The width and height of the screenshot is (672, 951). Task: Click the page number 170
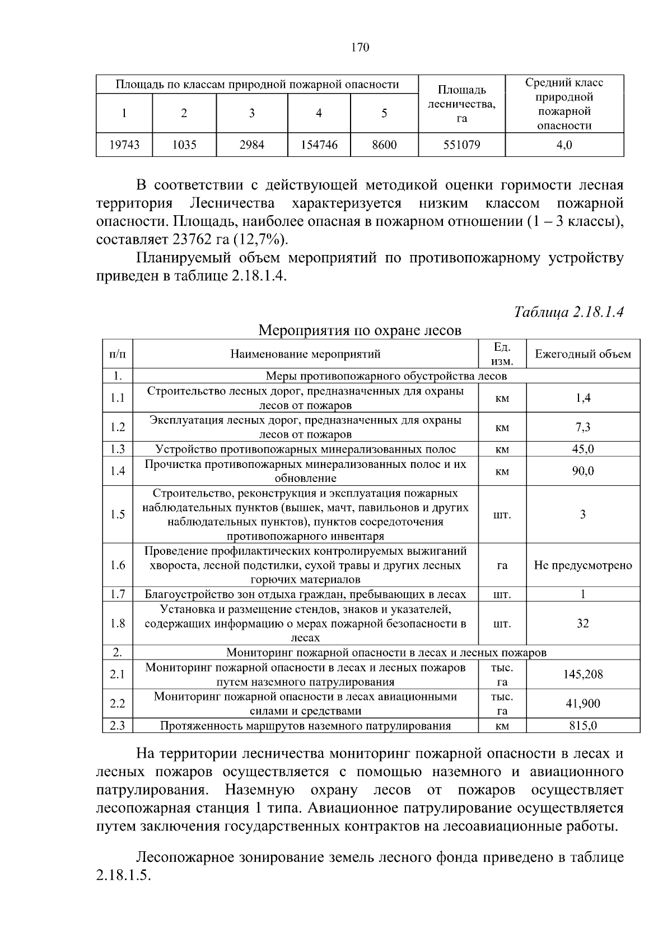(x=360, y=48)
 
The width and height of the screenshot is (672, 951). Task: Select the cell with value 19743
(x=124, y=145)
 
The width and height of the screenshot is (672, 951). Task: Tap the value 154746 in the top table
(x=319, y=145)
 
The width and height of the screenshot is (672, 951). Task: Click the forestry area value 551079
(x=461, y=145)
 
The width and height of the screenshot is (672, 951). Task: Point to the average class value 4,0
(x=564, y=145)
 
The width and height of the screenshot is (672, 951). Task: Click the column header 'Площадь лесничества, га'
(x=461, y=104)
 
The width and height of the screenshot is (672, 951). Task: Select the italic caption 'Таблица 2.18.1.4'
(x=568, y=312)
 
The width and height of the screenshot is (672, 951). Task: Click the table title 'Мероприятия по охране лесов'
(x=360, y=330)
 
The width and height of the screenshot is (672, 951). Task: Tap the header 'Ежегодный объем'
(x=582, y=354)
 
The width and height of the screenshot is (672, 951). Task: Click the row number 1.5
(x=118, y=514)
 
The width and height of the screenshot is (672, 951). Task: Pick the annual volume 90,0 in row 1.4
(x=582, y=471)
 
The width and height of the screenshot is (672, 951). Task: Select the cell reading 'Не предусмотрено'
(x=582, y=565)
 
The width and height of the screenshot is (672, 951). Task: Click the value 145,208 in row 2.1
(x=582, y=675)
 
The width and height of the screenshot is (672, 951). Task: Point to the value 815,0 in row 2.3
(x=582, y=726)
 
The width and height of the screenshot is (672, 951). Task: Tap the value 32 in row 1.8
(x=582, y=624)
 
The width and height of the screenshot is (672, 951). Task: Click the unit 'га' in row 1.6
(x=502, y=565)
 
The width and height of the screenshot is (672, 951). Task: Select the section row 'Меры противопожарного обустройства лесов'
(x=386, y=376)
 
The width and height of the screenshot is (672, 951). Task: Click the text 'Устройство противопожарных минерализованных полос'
(x=305, y=449)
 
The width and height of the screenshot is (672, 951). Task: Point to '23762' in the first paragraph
(x=193, y=240)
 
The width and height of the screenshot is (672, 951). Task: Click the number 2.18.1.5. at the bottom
(x=124, y=876)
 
